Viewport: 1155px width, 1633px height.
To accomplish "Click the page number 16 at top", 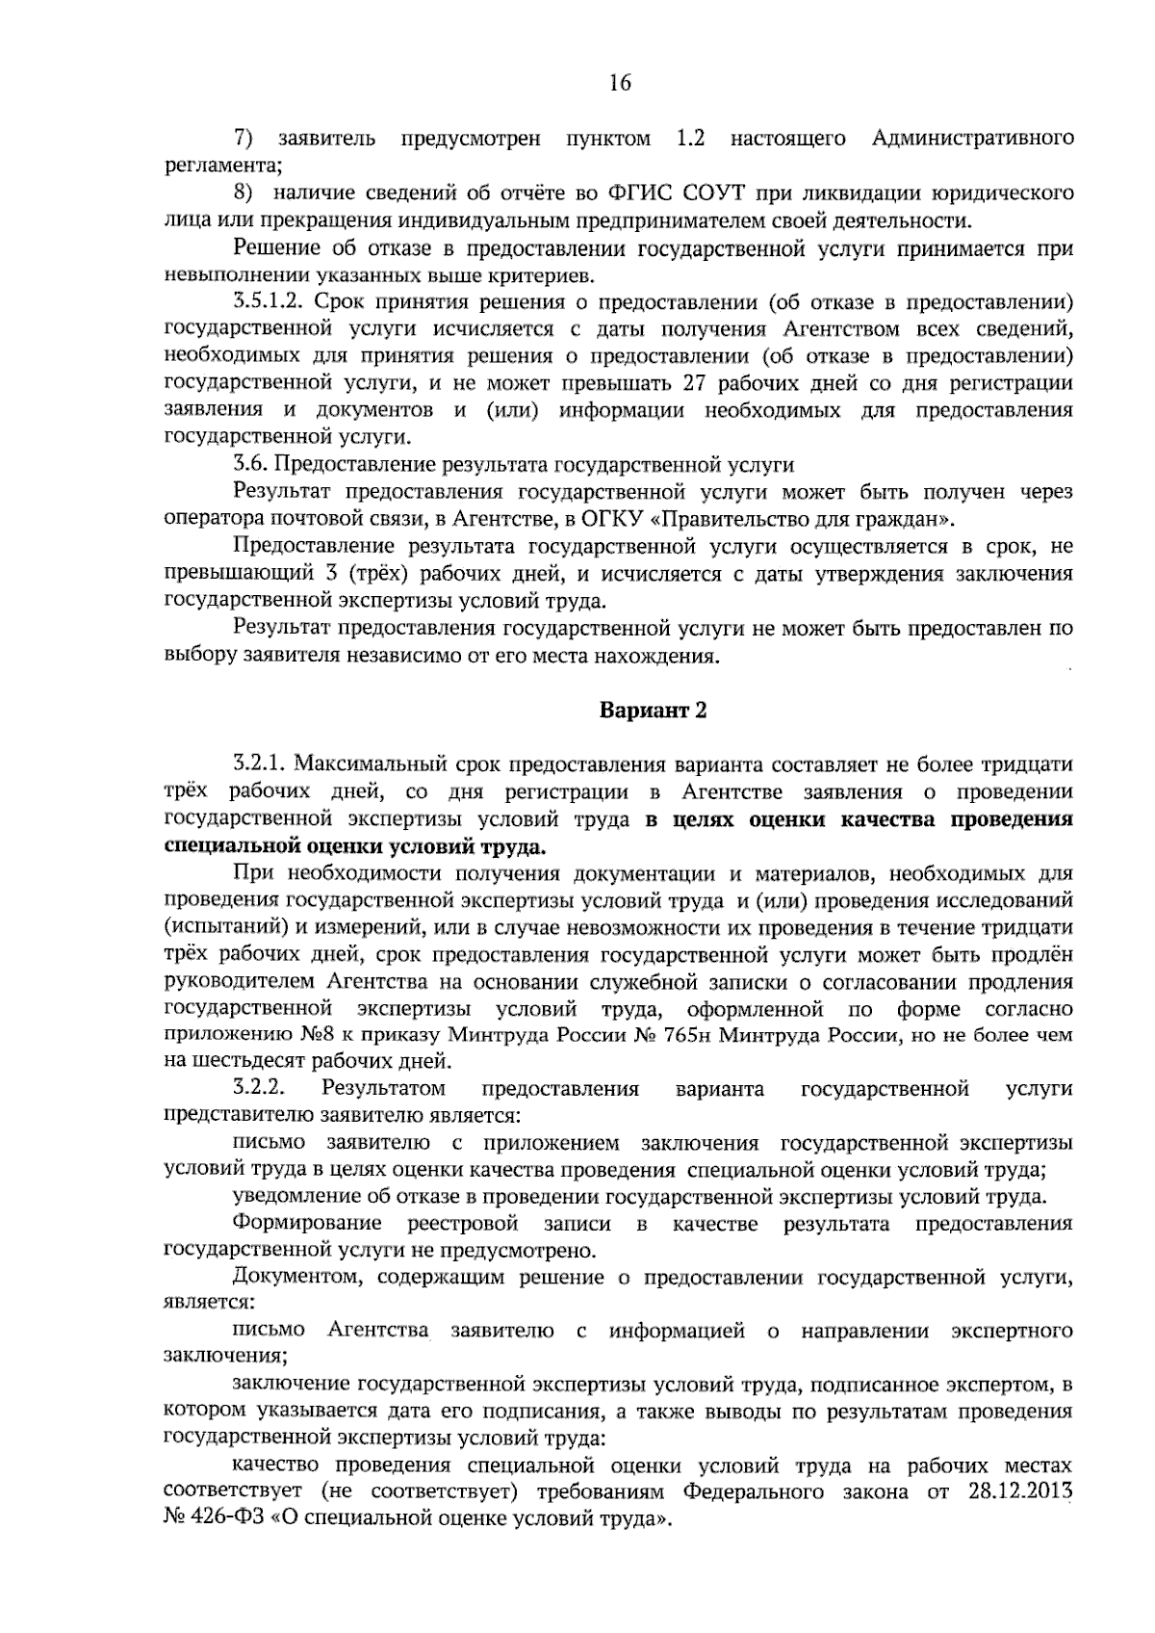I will point(619,84).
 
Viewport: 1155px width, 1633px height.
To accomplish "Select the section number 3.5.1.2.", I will point(269,302).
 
